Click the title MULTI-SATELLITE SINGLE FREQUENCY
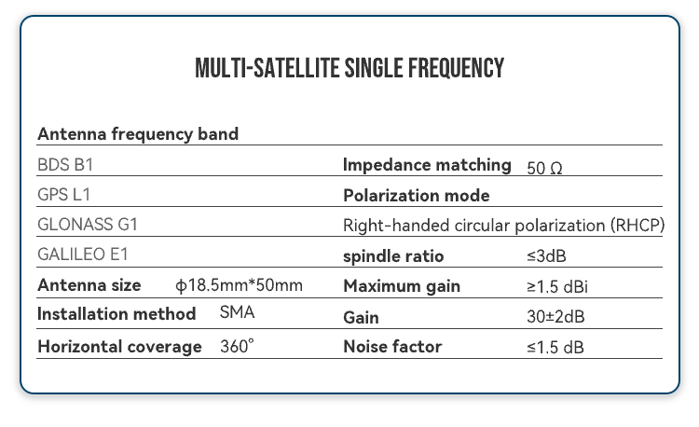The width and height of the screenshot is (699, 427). click(x=349, y=69)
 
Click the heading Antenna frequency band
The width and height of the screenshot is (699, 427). click(x=138, y=134)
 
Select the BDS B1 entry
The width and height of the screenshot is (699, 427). click(x=65, y=165)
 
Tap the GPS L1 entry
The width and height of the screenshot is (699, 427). click(x=63, y=195)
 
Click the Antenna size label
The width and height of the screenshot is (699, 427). click(x=89, y=285)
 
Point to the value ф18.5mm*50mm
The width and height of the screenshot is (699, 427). click(x=239, y=285)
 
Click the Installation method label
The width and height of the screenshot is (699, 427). click(x=116, y=313)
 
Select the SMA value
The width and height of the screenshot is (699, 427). click(x=237, y=313)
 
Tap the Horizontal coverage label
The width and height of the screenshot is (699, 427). click(x=119, y=347)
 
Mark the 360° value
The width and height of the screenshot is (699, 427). click(x=237, y=347)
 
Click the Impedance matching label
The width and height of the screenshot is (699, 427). click(x=427, y=165)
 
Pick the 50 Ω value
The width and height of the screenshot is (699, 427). click(x=544, y=169)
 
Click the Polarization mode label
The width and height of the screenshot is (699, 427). click(x=416, y=196)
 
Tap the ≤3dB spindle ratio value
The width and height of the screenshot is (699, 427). click(x=546, y=256)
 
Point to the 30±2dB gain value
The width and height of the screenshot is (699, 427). click(x=555, y=317)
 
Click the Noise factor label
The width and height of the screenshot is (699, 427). click(x=392, y=347)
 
